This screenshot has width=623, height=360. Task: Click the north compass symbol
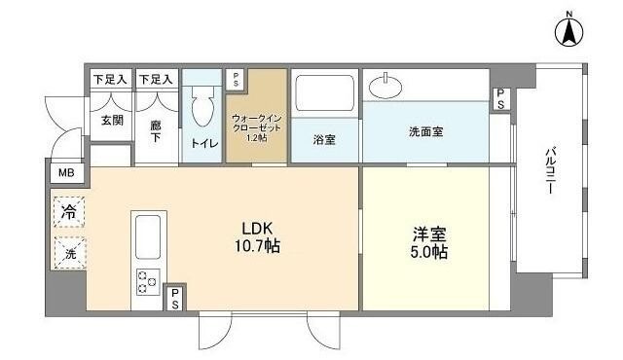(x=569, y=32)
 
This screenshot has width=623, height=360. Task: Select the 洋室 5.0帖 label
(x=426, y=241)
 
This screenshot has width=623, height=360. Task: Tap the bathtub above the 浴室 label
(x=326, y=95)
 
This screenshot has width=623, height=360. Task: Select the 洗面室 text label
(x=424, y=132)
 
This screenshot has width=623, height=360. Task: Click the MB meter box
(x=66, y=174)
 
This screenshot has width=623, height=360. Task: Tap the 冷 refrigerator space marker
(x=70, y=210)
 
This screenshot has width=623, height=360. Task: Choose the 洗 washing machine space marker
(x=70, y=252)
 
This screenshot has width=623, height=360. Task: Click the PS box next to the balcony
(x=500, y=97)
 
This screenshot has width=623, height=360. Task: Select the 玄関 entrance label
(x=112, y=121)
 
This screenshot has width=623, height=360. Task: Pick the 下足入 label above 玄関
(x=110, y=78)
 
